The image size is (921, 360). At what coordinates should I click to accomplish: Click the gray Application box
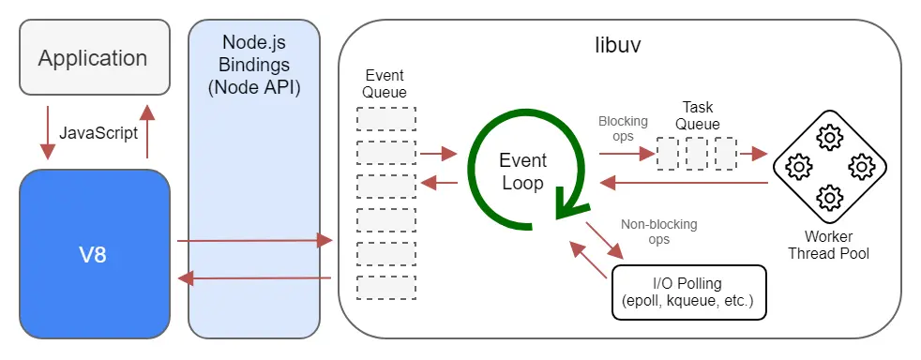[x=94, y=58]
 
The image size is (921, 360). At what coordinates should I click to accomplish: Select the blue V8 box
[x=94, y=253]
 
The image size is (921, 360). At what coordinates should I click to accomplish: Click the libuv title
[x=618, y=44]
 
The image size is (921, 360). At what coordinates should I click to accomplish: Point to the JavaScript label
[x=98, y=132]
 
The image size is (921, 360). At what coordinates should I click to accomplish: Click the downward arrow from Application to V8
[x=44, y=132]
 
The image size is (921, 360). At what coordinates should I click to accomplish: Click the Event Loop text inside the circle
[x=522, y=172]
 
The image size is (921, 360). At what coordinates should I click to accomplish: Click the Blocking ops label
[x=616, y=128]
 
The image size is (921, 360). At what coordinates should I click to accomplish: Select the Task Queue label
[x=700, y=116]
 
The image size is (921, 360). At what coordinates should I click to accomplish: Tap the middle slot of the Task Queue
[x=696, y=153]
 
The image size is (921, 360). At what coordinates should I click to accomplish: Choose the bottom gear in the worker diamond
[x=829, y=198]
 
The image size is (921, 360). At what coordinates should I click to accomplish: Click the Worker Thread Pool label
[x=828, y=246]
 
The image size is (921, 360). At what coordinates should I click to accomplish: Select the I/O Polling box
[x=688, y=292]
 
